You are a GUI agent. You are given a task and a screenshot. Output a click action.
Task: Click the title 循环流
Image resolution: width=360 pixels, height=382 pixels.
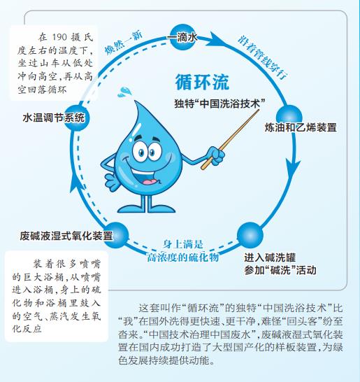pos(202,82)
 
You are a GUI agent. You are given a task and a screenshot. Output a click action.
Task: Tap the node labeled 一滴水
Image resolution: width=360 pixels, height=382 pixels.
pos(182,37)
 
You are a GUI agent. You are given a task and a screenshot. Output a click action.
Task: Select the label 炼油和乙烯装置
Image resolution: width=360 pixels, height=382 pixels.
pos(301,127)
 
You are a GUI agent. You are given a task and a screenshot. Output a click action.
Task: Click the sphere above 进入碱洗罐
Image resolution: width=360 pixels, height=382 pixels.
pos(250,235)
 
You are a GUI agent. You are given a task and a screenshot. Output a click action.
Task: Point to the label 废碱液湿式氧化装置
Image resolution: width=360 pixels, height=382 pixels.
pos(66,236)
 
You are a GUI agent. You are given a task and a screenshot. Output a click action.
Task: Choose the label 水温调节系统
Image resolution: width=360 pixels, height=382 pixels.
pos(54,118)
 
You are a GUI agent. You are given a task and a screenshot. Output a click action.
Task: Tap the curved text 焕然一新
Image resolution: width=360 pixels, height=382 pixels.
pos(124,43)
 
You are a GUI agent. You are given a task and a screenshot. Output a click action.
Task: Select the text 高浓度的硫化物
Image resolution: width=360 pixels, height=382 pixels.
pos(183,257)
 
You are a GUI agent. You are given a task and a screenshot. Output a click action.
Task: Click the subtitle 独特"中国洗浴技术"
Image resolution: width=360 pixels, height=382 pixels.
pos(219,104)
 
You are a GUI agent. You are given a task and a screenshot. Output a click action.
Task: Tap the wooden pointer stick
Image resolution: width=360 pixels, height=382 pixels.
pos(230,139)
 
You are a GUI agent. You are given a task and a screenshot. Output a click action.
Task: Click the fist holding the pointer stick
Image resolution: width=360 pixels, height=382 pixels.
pos(215,156)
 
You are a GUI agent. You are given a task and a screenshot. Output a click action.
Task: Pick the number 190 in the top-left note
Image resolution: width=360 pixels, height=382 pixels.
pos(59,37)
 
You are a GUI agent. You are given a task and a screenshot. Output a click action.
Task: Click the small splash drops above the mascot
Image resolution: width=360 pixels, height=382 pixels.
pos(124,92)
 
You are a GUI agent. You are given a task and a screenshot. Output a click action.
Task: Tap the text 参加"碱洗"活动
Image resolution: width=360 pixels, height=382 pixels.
pos(280,270)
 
